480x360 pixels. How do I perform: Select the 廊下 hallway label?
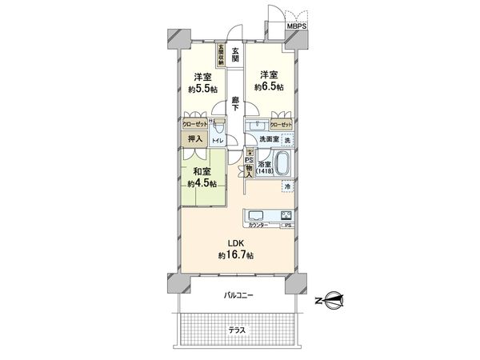[x=235, y=106]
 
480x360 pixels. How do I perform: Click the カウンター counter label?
[x=258, y=226]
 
